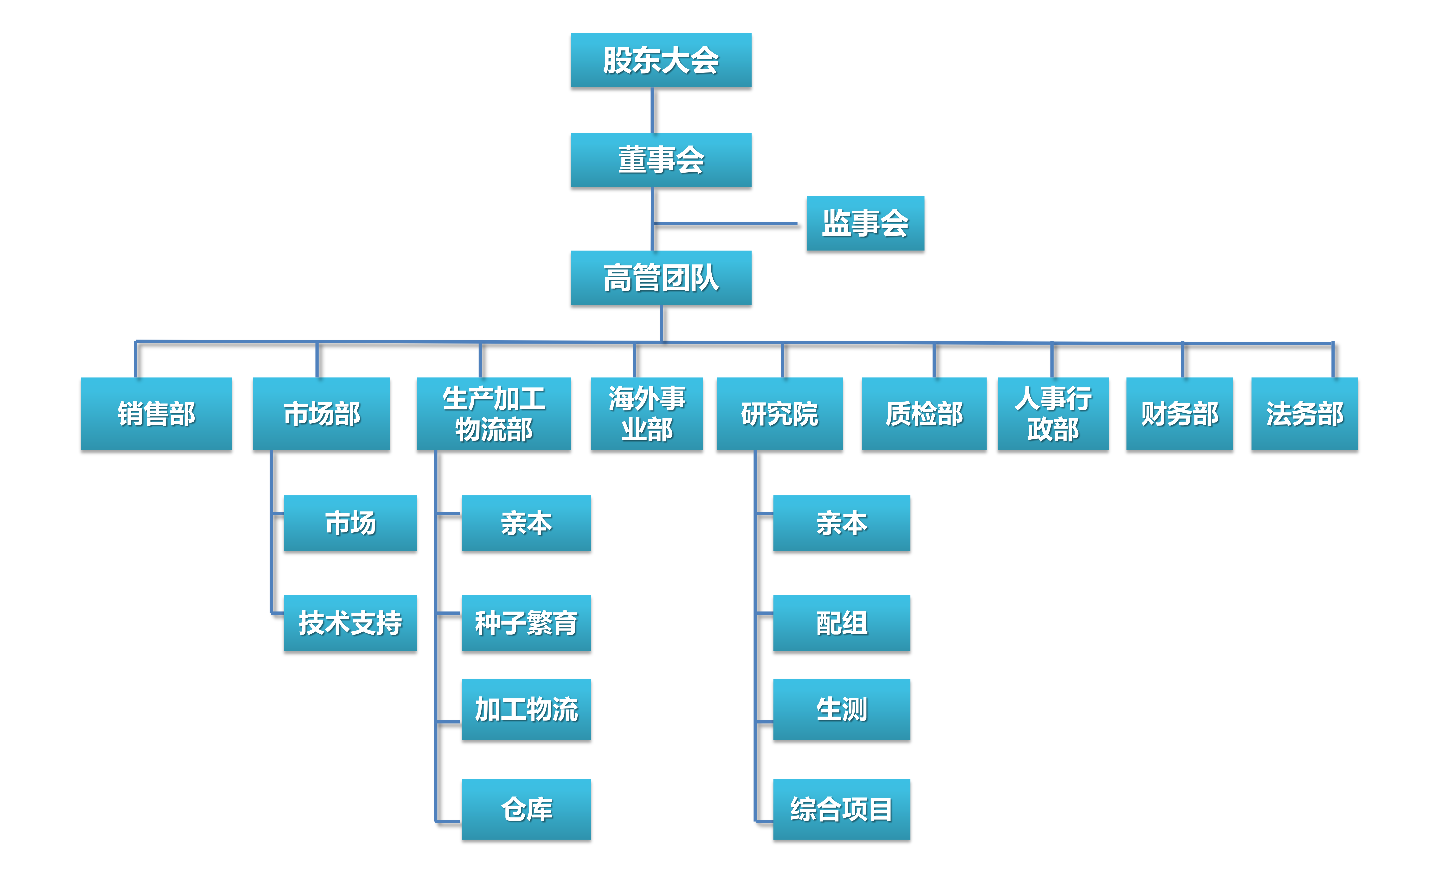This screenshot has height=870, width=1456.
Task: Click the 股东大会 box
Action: tap(661, 60)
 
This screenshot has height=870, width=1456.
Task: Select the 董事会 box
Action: tap(661, 160)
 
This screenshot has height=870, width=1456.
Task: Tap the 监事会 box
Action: tap(865, 223)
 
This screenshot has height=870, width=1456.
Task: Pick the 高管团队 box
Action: tap(661, 278)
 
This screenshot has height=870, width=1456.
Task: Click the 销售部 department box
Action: tap(156, 414)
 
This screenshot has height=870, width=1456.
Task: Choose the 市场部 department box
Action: tap(321, 414)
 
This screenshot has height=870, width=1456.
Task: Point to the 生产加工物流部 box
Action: tap(493, 414)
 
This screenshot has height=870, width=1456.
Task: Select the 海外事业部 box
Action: tap(647, 414)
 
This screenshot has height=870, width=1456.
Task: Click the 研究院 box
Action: tap(779, 414)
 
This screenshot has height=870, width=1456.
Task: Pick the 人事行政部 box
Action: tap(1053, 414)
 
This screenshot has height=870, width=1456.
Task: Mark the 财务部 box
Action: tap(1179, 414)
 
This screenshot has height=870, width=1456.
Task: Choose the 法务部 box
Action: tap(1304, 414)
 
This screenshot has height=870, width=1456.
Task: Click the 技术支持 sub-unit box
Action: tap(350, 623)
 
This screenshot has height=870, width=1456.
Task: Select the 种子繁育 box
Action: tap(526, 623)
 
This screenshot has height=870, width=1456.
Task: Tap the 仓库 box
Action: tap(526, 809)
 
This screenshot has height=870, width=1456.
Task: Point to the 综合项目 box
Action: tap(842, 809)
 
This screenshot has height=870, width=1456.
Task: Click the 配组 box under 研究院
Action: tap(842, 623)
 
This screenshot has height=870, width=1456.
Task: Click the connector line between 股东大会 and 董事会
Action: tap(652, 110)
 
